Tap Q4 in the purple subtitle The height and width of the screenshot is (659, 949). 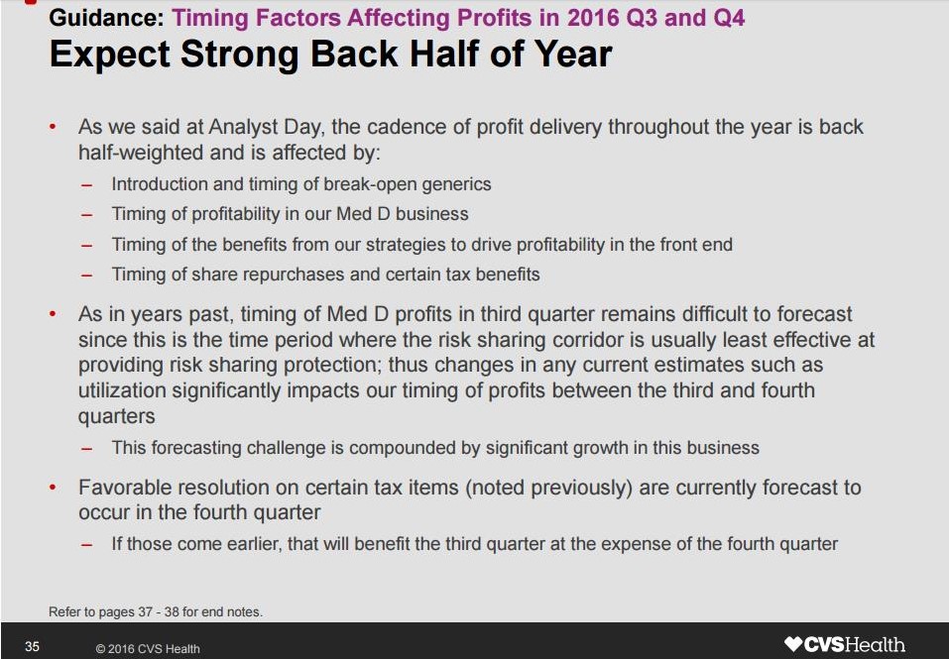click(x=729, y=18)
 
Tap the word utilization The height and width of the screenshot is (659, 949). click(x=122, y=390)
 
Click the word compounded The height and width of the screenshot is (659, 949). click(x=405, y=448)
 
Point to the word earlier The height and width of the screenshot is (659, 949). click(x=255, y=544)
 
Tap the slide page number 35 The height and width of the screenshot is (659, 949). click(x=32, y=647)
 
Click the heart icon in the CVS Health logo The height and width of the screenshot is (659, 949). click(x=793, y=644)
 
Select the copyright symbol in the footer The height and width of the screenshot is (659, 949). click(x=100, y=649)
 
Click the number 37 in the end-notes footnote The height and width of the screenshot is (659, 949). click(x=145, y=611)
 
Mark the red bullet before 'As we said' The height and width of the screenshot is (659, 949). click(x=54, y=127)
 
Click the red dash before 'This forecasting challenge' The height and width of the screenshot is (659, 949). click(x=87, y=449)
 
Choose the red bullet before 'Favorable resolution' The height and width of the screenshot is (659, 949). click(x=54, y=488)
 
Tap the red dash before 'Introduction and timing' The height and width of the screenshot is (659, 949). click(x=87, y=185)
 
